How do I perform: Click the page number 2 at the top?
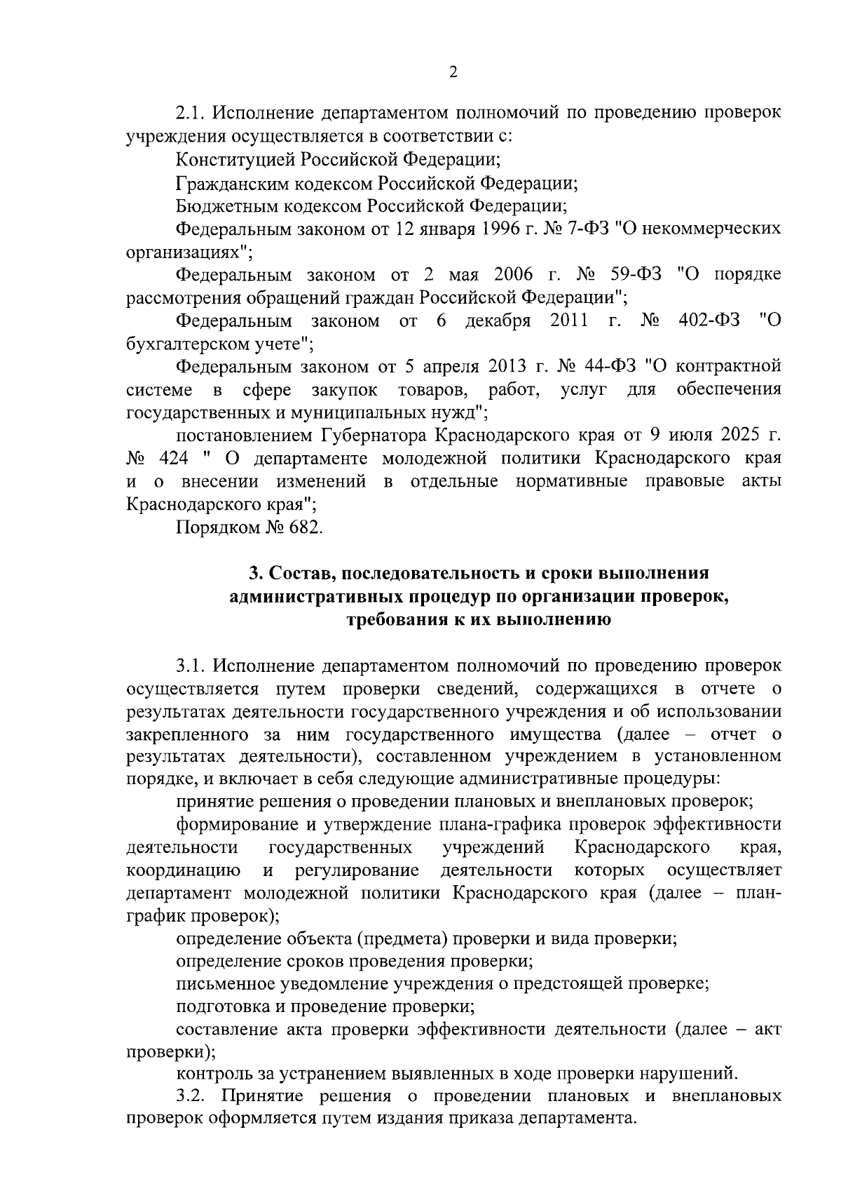[453, 72]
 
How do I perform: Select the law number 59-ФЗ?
[632, 275]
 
